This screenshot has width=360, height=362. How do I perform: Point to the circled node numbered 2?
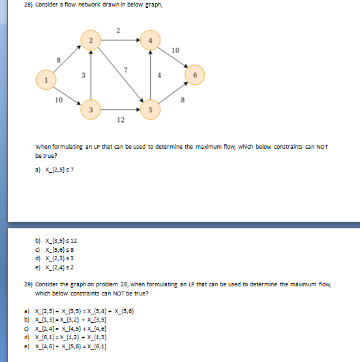click(x=91, y=42)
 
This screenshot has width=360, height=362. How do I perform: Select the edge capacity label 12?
click(x=121, y=120)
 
